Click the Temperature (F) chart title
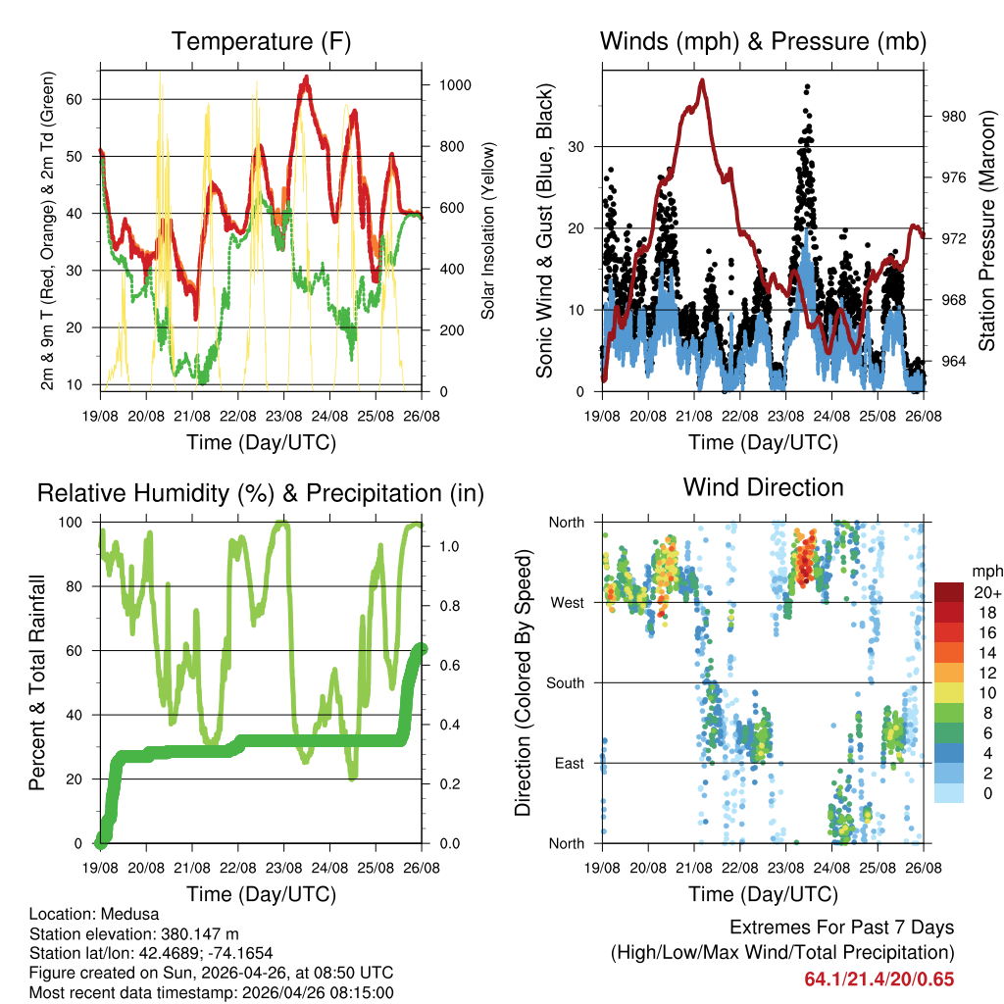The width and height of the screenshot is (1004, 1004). point(261,41)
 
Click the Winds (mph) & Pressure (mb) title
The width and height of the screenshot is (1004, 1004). point(763,41)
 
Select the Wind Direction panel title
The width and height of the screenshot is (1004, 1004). point(763,487)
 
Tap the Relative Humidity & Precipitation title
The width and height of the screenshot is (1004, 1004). point(261,493)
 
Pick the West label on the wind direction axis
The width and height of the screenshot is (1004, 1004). point(568,602)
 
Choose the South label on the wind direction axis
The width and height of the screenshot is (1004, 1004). point(565,682)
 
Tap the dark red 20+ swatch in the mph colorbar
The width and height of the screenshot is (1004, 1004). point(948,592)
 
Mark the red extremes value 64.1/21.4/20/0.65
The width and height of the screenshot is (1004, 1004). point(878,979)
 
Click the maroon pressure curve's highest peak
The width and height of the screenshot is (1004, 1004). point(702,81)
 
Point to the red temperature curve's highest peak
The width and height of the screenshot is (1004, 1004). point(307,77)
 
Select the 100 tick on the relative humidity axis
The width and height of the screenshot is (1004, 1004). point(78,522)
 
